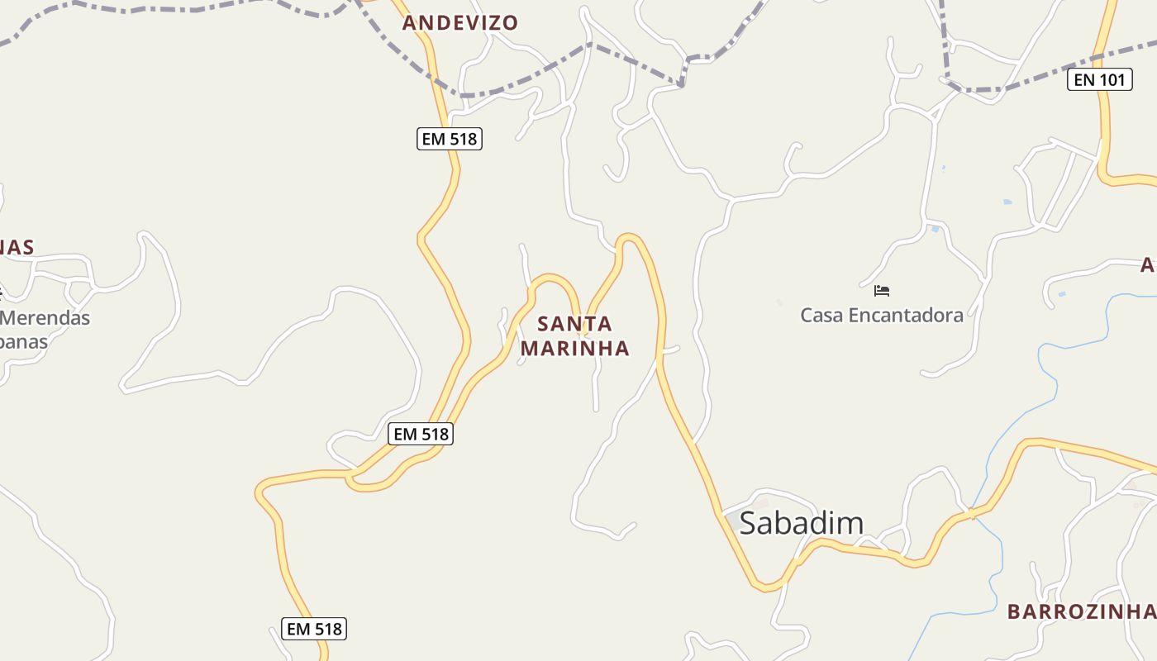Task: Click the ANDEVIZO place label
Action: [460, 23]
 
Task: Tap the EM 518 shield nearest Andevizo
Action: [449, 139]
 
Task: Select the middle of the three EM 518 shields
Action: [421, 434]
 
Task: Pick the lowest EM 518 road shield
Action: [314, 629]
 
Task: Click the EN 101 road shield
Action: [1099, 80]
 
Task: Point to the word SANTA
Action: [575, 324]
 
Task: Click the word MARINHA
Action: [575, 349]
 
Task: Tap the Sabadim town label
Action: [801, 523]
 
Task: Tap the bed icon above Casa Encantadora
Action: [882, 291]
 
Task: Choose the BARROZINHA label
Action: [1081, 612]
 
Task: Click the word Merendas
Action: [46, 317]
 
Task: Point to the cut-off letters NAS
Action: [17, 247]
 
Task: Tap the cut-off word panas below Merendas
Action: [23, 341]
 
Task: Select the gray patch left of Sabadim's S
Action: [730, 521]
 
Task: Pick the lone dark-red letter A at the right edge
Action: [1148, 265]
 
